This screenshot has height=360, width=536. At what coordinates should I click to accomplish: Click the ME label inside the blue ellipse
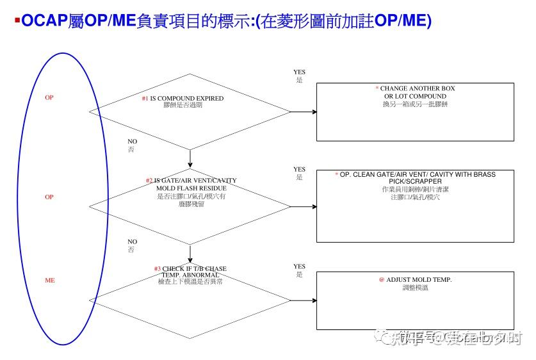point(49,281)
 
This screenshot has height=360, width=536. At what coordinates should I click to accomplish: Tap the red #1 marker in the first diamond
point(145,99)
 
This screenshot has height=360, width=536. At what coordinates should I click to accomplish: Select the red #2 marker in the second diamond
point(149,181)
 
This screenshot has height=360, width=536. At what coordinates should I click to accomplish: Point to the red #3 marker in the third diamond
point(157,268)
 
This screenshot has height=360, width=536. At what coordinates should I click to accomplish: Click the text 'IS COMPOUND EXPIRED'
point(187,99)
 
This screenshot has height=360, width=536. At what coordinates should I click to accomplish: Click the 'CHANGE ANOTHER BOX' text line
point(418,88)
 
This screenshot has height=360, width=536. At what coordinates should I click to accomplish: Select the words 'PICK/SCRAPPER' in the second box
point(415,182)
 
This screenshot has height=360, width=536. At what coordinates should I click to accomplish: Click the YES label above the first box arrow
point(299,72)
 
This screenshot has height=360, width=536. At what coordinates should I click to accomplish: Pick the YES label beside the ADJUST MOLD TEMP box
point(299,266)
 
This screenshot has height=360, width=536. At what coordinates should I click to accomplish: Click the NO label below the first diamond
point(132,142)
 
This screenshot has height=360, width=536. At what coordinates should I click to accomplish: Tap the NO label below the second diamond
point(132,241)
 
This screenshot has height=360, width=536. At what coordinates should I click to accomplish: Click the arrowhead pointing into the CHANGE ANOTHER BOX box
point(314,112)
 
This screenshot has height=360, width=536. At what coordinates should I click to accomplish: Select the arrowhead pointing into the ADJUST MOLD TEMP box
point(314,300)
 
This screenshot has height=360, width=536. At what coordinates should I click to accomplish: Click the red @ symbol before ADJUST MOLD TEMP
point(381,280)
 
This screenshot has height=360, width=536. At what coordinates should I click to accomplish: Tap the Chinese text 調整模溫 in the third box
point(416,288)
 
